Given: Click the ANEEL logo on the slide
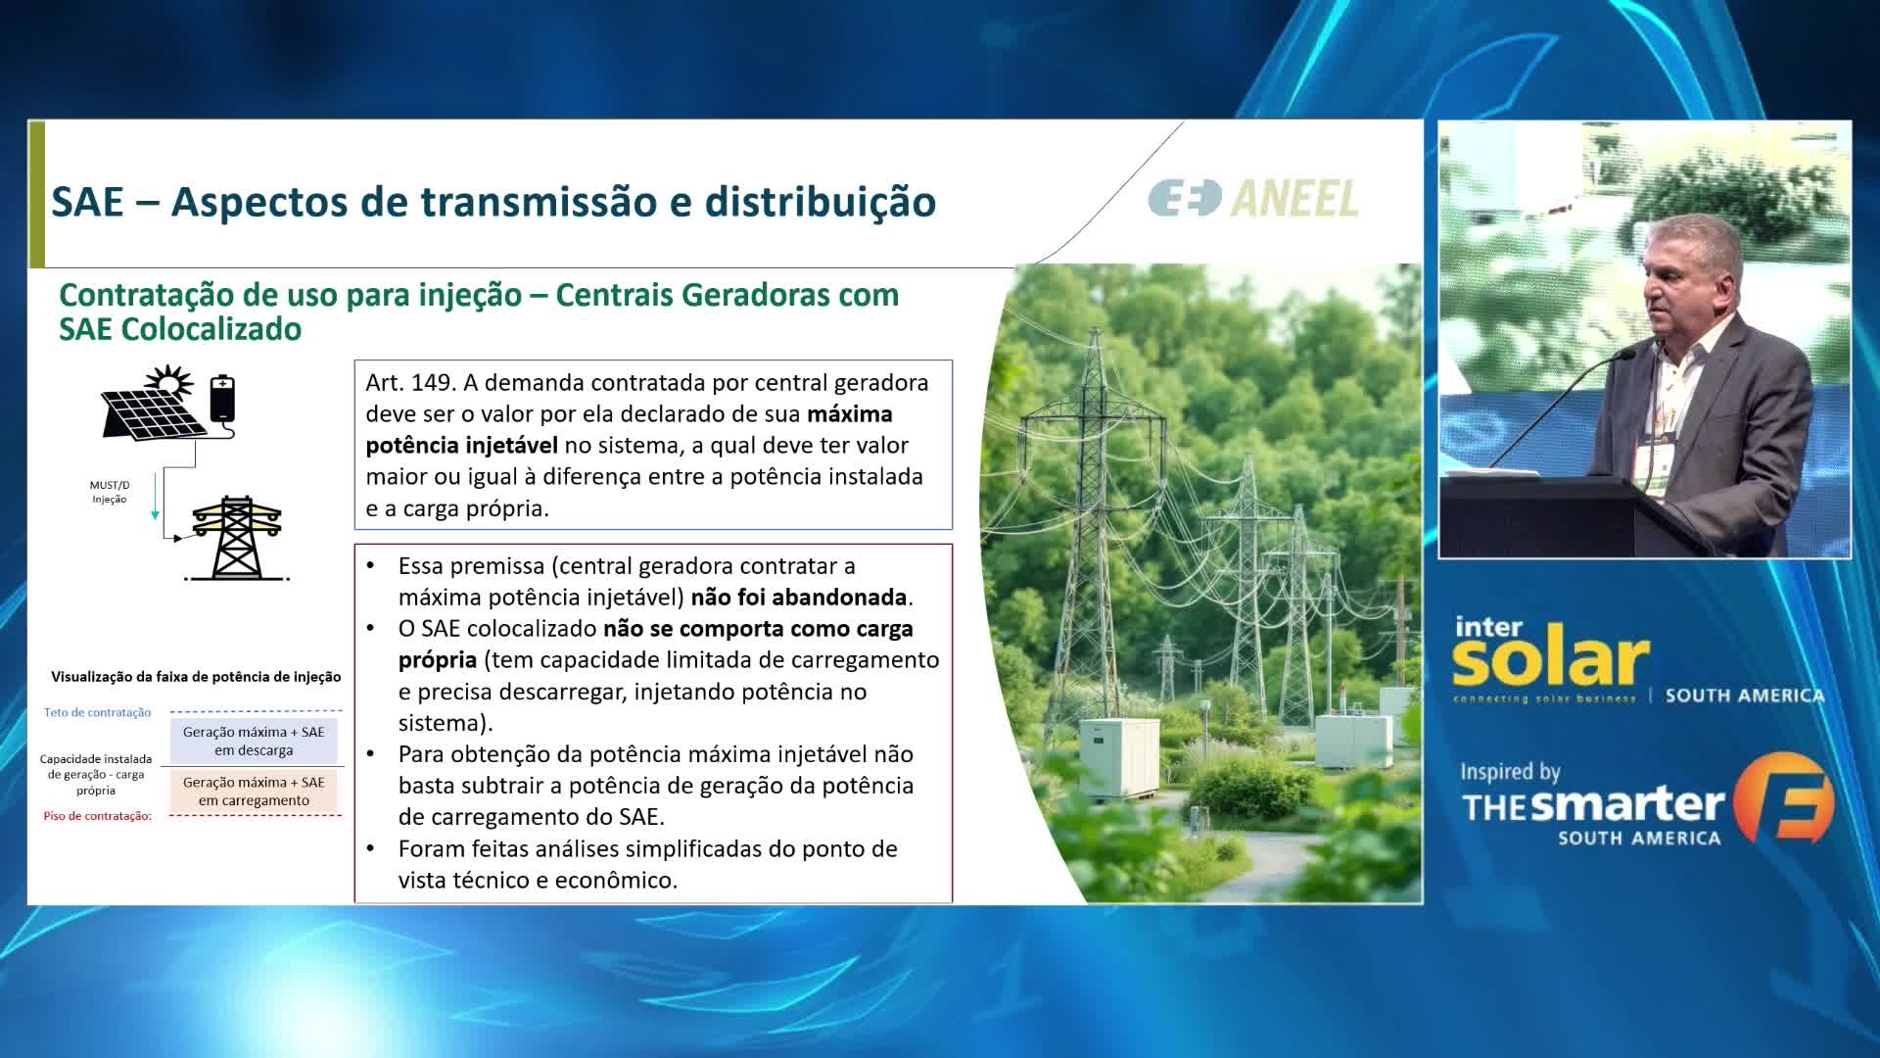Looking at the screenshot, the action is point(1253,198).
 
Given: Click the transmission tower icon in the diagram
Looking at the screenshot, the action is point(236,538).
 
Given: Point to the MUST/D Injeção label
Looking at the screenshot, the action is point(110,492).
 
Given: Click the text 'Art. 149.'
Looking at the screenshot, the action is point(411,382).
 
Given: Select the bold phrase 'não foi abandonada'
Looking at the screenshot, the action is point(799,597).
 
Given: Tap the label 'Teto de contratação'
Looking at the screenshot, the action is point(97,712).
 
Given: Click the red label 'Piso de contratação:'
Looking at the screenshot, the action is point(97,816).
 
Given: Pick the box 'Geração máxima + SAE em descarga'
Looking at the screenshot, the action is point(254,741).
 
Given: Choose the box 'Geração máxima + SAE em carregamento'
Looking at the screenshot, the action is point(254,791).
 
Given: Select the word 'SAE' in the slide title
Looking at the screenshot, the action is point(88,202).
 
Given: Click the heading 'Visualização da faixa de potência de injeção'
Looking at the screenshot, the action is point(196,676).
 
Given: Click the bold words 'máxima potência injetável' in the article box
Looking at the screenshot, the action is point(629,429).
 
